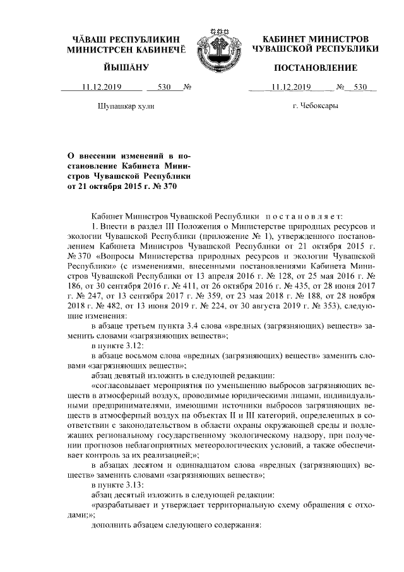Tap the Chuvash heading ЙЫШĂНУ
pyautogui.click(x=126, y=67)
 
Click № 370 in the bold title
pyautogui.click(x=160, y=186)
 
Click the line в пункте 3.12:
pyautogui.click(x=118, y=345)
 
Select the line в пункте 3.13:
pyautogui.click(x=118, y=484)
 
